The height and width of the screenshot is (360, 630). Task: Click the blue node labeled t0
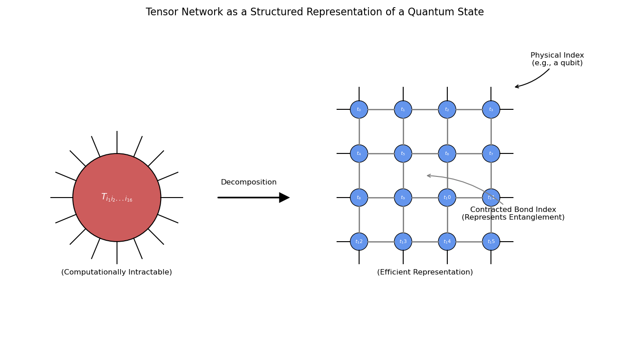point(359,109)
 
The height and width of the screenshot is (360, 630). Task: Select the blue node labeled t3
point(491,109)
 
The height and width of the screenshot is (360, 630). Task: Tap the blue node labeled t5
point(403,153)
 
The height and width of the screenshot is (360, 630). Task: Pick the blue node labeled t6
point(447,153)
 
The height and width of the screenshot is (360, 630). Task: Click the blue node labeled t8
point(359,198)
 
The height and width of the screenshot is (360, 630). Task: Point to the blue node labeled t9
point(403,198)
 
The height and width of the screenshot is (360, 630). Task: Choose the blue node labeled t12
point(359,242)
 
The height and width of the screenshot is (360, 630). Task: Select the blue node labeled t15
point(491,242)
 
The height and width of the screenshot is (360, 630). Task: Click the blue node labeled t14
point(447,242)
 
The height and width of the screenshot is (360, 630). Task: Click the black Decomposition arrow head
point(284,198)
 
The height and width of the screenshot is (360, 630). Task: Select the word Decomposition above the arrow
point(248,182)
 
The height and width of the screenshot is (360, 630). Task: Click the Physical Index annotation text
point(557,59)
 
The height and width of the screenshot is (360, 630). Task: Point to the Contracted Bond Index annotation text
point(513,214)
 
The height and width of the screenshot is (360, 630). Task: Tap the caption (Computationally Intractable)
point(117,272)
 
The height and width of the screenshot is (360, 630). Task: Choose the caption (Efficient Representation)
point(425,272)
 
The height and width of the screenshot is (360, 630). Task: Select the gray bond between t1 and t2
point(425,109)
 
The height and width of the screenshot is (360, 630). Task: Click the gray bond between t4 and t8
point(359,175)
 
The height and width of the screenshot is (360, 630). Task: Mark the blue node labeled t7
point(491,153)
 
